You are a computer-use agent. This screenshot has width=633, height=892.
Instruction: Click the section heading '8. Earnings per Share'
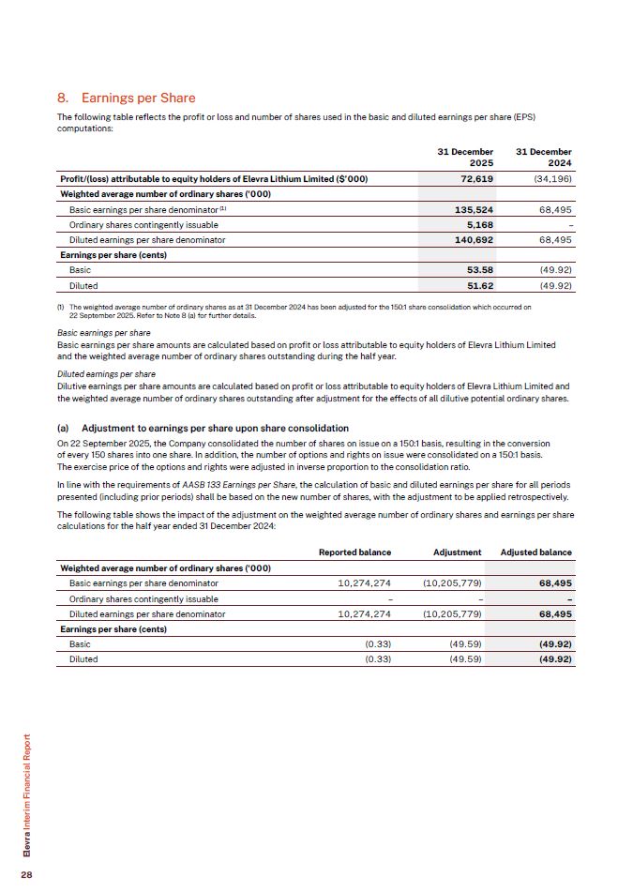(126, 98)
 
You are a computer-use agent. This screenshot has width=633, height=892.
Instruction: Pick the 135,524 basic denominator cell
(474, 209)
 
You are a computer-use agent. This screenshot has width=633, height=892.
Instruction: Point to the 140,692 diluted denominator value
(474, 240)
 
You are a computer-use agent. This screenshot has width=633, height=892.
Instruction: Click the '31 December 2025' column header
(466, 157)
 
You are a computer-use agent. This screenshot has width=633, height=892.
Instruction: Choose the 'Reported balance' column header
(354, 552)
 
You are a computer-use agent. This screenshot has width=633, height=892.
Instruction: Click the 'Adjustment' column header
(458, 552)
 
